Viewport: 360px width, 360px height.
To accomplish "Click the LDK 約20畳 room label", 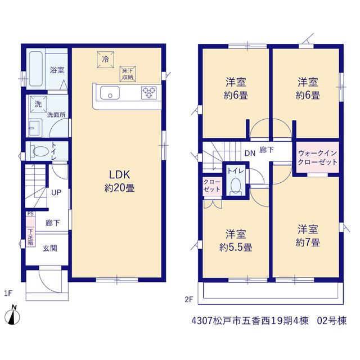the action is (x=119, y=181).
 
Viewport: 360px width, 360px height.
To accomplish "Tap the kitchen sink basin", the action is (x=110, y=93).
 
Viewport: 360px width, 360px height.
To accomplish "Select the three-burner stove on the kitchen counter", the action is (x=149, y=93).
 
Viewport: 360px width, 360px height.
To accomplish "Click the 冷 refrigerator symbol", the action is (x=105, y=60).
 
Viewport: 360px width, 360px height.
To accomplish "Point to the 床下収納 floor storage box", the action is (x=128, y=74).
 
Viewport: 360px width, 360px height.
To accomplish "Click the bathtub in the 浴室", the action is (x=36, y=69).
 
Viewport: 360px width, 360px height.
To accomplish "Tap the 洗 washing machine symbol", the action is (x=38, y=104).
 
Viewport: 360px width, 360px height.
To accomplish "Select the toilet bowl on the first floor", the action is (x=39, y=151).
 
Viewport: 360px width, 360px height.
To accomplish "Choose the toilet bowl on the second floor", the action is (x=236, y=186).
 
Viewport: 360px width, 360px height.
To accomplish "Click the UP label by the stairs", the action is (x=56, y=192).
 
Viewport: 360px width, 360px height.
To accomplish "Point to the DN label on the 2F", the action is (x=250, y=153).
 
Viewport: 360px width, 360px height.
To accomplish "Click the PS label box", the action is (x=30, y=214).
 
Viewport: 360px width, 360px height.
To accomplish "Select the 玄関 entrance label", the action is (x=50, y=248).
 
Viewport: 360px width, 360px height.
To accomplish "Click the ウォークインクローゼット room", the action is (x=317, y=157).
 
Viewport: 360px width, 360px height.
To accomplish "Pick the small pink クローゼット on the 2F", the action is (x=212, y=186).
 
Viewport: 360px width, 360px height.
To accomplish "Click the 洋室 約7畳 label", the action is (x=308, y=236).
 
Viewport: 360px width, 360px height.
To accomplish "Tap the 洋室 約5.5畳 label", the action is (x=236, y=240).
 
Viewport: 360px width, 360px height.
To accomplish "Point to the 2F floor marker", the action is (x=189, y=299).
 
